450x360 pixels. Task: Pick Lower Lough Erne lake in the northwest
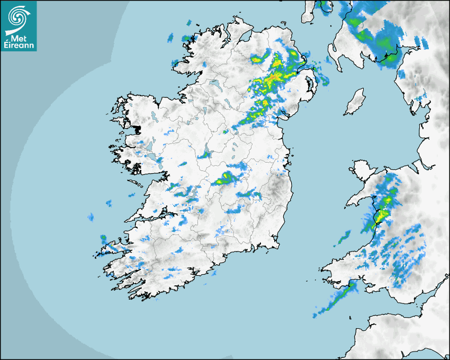point(214,83)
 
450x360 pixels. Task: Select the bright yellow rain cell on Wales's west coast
point(381,214)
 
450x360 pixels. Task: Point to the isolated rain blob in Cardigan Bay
point(344,237)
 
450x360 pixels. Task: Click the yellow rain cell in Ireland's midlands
point(227,177)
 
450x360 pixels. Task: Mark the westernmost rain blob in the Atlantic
point(91,217)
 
